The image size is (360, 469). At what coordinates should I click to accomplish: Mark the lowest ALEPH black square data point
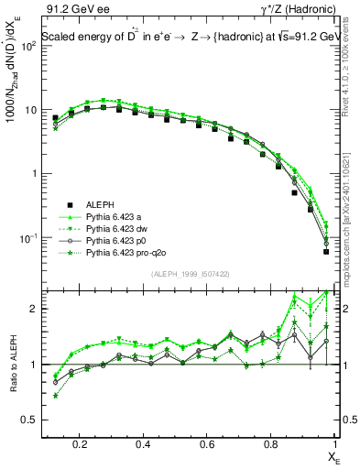[326, 251]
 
